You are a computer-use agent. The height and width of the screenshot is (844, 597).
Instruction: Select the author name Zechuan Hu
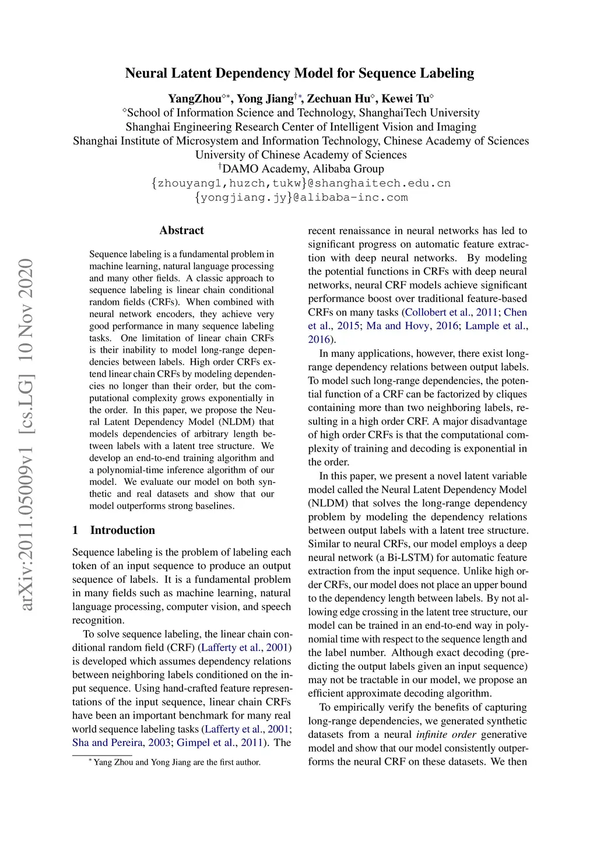pos(339,99)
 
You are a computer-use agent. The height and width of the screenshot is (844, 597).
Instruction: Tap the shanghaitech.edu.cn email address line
pos(301,183)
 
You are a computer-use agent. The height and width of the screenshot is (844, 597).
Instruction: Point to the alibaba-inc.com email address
pos(301,197)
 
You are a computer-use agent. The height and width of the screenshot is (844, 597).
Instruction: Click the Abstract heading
pos(181,230)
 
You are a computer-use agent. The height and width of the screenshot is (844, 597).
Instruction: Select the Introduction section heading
pos(122,530)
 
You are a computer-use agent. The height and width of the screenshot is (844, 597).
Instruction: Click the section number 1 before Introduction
pos(75,530)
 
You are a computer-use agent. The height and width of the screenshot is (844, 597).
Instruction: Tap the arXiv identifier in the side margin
pos(26,434)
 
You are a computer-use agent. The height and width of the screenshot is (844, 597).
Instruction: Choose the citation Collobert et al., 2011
pos(451,312)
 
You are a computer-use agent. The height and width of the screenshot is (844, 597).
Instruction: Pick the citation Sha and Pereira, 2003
pos(121,743)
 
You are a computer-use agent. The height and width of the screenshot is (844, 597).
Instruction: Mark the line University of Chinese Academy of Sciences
pos(301,155)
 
